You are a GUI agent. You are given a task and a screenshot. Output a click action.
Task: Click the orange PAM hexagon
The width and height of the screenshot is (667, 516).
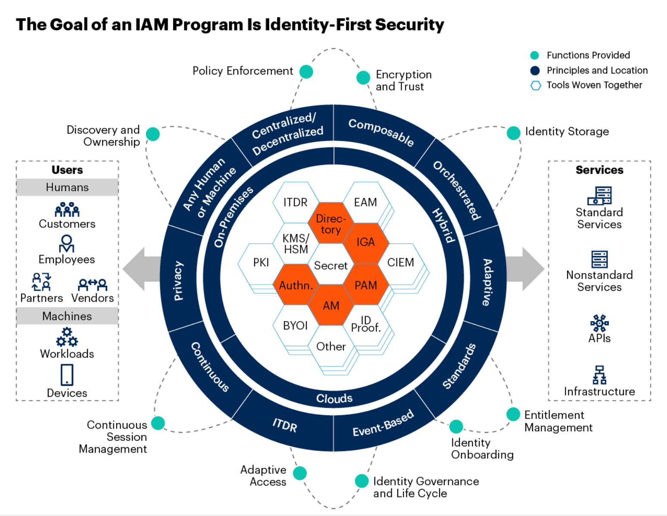coord(366,285)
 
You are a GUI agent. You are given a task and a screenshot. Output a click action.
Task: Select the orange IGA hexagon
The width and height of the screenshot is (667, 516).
coord(366,242)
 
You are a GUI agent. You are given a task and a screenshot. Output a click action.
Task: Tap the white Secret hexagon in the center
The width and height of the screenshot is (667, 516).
coord(330,265)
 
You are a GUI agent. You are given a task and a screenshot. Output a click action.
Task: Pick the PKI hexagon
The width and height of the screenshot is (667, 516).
coord(261,263)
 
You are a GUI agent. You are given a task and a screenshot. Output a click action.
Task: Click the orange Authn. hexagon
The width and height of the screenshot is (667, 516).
coord(296,285)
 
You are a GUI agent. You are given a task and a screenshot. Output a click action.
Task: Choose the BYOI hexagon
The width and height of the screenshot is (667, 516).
coord(296,326)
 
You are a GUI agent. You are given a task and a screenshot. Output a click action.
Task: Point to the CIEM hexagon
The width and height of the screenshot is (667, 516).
coord(400,263)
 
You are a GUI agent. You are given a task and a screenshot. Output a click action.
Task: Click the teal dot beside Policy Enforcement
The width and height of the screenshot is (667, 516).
coord(306,71)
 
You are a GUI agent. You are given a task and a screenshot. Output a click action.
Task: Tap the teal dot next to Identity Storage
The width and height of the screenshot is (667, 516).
coord(513,133)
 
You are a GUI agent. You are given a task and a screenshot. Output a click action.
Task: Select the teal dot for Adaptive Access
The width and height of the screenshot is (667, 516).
coord(300,473)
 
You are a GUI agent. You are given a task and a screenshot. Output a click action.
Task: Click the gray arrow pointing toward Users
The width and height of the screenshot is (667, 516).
coord(140,269)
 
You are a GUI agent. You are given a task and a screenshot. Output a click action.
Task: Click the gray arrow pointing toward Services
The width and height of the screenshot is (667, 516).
coord(526,269)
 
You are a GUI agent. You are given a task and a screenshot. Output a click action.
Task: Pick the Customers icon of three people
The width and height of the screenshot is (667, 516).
coord(67,210)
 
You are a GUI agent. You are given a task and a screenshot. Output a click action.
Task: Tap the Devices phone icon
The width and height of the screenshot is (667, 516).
coord(67,375)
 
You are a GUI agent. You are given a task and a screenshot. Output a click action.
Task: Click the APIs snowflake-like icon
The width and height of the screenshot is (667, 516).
coord(599,323)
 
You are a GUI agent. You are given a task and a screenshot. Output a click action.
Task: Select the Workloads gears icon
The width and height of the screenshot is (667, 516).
coord(67,337)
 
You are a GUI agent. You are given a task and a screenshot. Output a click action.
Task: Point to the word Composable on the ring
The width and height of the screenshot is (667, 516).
coord(381,132)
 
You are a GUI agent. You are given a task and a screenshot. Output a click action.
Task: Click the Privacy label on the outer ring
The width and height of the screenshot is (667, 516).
coord(178,280)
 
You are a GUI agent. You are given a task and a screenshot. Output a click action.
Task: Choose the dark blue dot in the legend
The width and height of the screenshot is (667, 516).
coord(535,71)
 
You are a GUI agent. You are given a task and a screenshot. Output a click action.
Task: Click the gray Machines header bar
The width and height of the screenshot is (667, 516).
coord(67,316)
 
